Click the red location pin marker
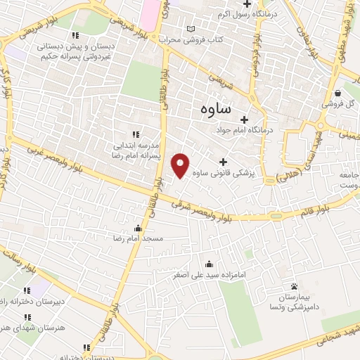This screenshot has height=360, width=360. [x=181, y=165]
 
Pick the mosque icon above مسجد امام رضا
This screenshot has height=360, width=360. [x=138, y=228]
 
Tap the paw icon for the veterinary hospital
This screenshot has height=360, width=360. [x=294, y=286]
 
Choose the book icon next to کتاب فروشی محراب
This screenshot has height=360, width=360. [x=189, y=29]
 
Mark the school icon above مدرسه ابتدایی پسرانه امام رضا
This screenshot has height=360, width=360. [x=136, y=134]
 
